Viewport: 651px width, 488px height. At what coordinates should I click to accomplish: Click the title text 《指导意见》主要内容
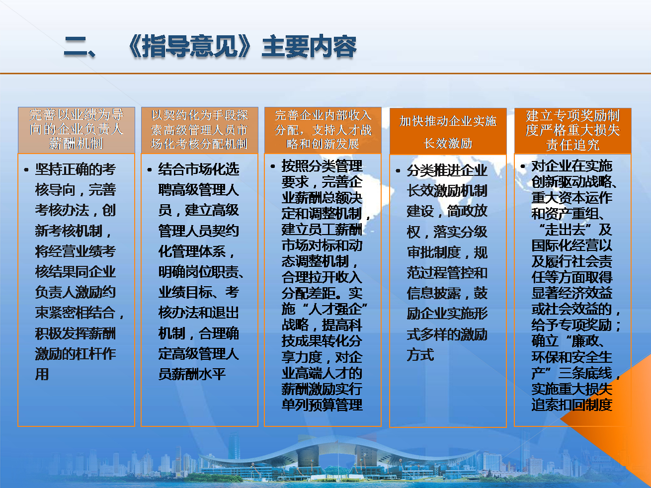(x=242, y=47)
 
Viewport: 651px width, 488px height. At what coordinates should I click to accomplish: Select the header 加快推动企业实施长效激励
(x=448, y=132)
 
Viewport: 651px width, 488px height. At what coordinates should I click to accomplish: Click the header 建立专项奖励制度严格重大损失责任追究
(x=572, y=130)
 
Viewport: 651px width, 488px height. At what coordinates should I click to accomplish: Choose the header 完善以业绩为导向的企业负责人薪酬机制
(x=76, y=129)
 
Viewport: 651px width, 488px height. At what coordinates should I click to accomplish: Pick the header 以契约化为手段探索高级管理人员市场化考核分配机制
(x=199, y=130)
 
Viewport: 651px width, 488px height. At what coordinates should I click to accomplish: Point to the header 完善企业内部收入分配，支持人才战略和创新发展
(x=323, y=130)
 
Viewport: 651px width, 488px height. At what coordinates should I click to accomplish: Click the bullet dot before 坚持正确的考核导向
(x=26, y=170)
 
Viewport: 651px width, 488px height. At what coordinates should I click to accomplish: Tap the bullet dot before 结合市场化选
(x=150, y=170)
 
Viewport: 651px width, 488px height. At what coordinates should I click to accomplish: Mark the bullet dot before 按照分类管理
(x=273, y=166)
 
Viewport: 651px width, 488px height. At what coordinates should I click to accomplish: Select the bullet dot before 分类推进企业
(x=398, y=171)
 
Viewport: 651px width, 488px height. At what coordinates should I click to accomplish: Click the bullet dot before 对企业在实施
(x=523, y=166)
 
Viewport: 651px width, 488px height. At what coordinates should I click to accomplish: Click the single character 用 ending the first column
(x=42, y=374)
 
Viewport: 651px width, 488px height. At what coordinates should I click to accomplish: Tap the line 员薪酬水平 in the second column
(x=192, y=374)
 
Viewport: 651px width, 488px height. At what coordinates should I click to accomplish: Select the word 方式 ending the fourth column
(x=420, y=355)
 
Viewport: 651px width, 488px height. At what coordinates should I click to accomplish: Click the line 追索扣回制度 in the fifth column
(x=572, y=405)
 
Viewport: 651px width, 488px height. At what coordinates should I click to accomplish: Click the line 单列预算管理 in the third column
(x=322, y=405)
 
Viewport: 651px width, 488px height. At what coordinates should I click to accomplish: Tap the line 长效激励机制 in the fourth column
(x=447, y=191)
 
